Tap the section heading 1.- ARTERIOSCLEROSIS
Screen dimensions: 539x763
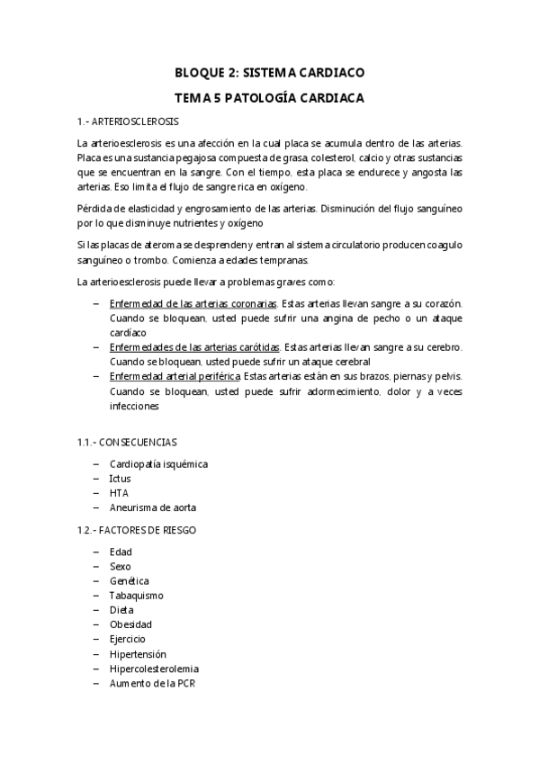129,121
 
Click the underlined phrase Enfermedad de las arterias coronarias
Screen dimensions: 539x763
193,304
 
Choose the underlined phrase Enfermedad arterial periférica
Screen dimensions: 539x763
175,376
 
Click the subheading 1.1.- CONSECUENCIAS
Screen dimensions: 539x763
127,442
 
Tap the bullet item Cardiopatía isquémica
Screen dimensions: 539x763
158,464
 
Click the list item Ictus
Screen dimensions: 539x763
120,479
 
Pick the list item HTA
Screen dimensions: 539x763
119,493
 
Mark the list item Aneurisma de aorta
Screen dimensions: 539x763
153,508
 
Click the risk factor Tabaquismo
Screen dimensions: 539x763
136,596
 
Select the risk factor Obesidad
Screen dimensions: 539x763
130,624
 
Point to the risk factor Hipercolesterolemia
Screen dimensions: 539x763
154,669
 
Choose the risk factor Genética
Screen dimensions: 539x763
129,581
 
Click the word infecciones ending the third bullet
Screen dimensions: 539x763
134,405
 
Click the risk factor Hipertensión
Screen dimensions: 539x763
138,654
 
